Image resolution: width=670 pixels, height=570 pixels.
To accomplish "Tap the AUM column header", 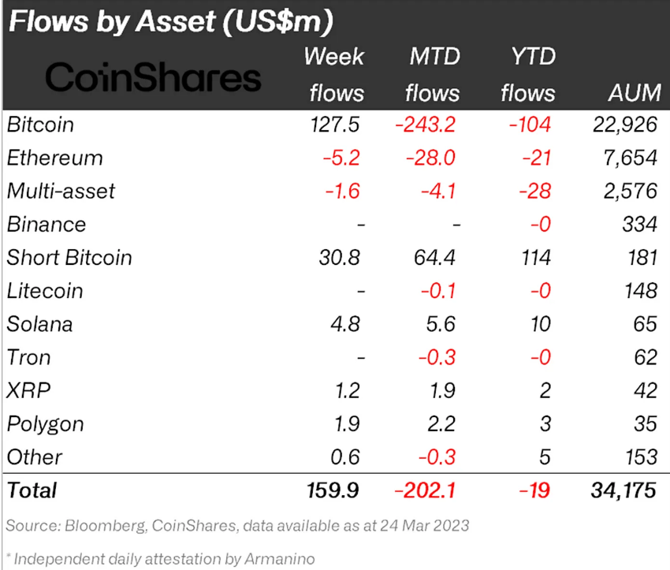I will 634,92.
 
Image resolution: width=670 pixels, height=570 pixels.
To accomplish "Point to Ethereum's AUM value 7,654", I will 628,158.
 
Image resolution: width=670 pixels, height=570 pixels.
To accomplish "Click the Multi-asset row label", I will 61,191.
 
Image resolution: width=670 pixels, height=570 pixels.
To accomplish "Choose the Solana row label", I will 39,324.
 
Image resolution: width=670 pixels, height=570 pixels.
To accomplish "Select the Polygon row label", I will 45,423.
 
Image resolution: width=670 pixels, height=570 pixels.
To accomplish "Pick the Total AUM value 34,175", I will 622,490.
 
